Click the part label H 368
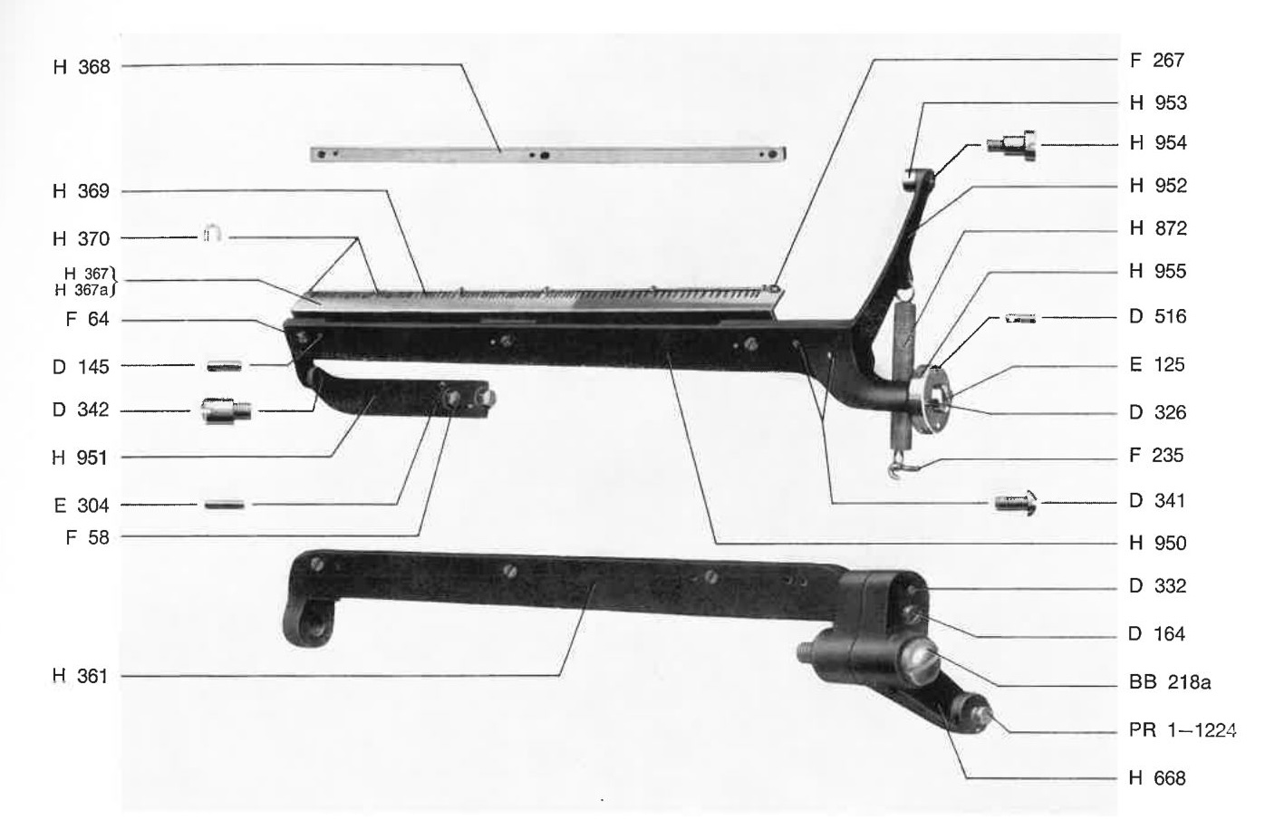82,67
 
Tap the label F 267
1157,60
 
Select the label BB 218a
1170,681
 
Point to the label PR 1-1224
1182,729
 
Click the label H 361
81,676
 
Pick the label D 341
1157,500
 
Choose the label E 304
82,505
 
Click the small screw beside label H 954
1011,146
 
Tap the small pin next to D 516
1020,318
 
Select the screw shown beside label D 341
1016,504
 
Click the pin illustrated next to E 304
225,505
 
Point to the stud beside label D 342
227,410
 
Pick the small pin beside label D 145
224,366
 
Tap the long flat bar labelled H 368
548,154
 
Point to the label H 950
1158,544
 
